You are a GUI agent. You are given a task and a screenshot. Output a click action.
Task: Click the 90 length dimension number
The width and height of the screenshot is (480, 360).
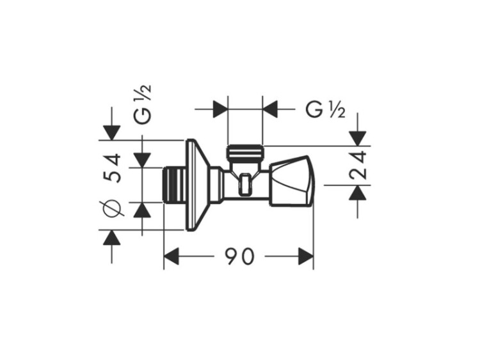[240, 256]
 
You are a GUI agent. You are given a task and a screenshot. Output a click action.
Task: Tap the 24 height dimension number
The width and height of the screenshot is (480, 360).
[358, 165]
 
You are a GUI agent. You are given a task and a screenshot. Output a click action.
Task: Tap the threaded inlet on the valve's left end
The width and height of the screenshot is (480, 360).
[173, 185]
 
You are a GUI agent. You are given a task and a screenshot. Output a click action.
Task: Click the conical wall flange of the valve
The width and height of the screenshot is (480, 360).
[198, 185]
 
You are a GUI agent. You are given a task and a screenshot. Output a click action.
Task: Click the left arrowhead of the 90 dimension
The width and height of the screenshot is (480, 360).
[171, 256]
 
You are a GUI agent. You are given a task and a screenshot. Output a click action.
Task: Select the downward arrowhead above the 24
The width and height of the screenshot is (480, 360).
[358, 138]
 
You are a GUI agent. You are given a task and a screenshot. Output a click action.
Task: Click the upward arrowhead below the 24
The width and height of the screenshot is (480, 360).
[358, 192]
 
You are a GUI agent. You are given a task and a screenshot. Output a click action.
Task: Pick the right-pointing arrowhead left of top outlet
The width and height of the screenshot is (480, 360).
[220, 108]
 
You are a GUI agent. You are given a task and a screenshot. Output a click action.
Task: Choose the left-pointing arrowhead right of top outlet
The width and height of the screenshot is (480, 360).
[270, 108]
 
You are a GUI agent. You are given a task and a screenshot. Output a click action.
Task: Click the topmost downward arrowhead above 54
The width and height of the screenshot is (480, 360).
[112, 133]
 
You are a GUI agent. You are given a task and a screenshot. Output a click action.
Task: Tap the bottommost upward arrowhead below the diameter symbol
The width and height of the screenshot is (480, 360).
[111, 238]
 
